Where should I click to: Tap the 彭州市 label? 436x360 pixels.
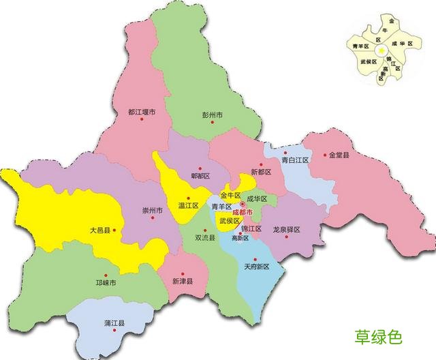pos(213,115)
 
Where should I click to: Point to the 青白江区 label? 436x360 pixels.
pos(296,160)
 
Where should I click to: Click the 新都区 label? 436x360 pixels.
pos(261,172)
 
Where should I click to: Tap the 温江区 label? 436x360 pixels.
pos(188,205)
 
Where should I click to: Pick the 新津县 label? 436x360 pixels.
pos(183,281)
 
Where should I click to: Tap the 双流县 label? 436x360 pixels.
pos(205,238)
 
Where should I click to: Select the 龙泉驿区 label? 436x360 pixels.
pos(286,230)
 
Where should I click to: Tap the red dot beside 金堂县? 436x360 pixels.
pos(324,155)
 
